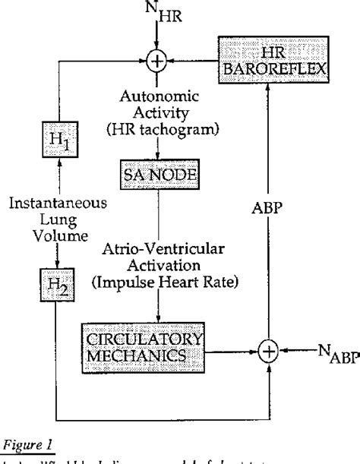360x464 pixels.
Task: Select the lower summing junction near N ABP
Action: coord(267,351)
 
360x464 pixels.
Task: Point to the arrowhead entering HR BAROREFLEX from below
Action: coord(267,85)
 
